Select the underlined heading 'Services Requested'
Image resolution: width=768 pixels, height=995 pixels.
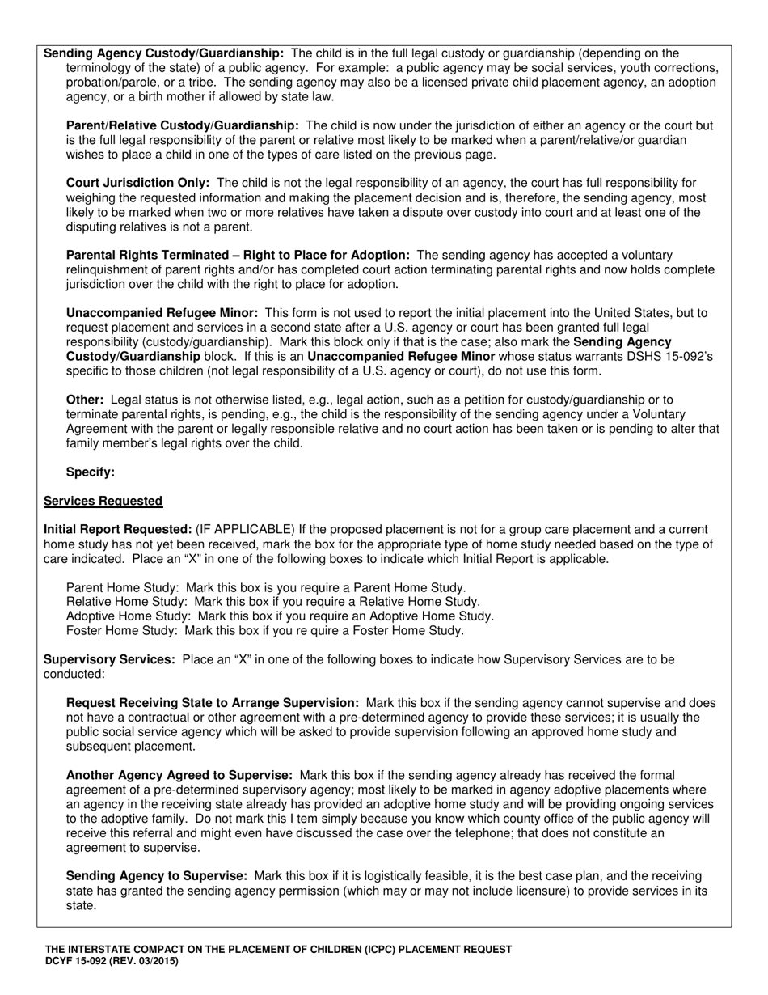(x=103, y=501)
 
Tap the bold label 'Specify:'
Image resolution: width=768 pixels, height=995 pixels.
(x=91, y=472)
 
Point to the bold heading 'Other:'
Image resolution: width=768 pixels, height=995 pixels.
(x=85, y=400)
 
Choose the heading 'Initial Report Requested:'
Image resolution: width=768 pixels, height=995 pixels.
(x=117, y=529)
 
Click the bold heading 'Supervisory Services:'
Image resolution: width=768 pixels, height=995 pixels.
(x=109, y=659)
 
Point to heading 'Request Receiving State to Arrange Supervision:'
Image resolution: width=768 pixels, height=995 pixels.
(x=213, y=703)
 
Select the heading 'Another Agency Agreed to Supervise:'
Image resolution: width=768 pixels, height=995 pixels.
(x=179, y=776)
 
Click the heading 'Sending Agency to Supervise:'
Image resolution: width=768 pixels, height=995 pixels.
(x=157, y=876)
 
